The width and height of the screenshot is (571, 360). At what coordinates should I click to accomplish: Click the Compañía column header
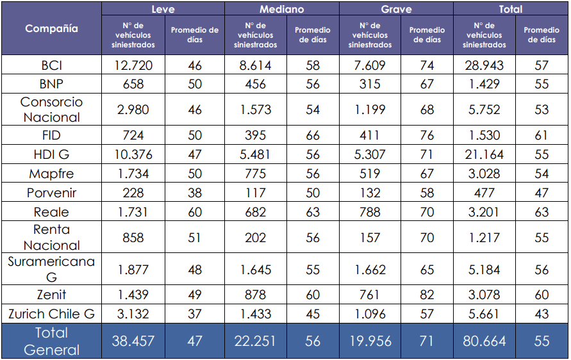(x=51, y=29)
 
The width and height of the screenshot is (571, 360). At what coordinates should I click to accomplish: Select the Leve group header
(x=163, y=9)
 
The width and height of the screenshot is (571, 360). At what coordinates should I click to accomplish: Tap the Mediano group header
(x=281, y=9)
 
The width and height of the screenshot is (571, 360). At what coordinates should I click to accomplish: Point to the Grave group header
(x=396, y=9)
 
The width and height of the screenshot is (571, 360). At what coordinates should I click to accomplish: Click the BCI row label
(x=51, y=65)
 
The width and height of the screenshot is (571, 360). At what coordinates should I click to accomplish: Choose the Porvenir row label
(x=51, y=193)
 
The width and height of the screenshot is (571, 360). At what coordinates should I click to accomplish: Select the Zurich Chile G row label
(x=51, y=314)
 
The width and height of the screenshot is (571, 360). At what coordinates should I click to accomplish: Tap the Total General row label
(x=51, y=341)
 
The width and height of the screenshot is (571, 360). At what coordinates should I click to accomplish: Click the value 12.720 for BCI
(x=133, y=65)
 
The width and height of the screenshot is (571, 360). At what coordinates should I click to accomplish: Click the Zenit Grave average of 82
(x=427, y=295)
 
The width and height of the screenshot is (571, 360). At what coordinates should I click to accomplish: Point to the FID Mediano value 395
(x=256, y=135)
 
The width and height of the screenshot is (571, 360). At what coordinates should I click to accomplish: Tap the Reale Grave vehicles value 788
(x=370, y=212)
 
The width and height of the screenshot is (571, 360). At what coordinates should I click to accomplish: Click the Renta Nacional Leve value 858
(x=133, y=238)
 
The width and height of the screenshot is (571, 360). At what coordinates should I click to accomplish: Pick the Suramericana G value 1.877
(x=133, y=270)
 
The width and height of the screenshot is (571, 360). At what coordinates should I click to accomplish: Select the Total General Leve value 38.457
(x=133, y=341)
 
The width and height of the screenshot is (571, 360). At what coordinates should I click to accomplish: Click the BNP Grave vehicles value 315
(x=370, y=85)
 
